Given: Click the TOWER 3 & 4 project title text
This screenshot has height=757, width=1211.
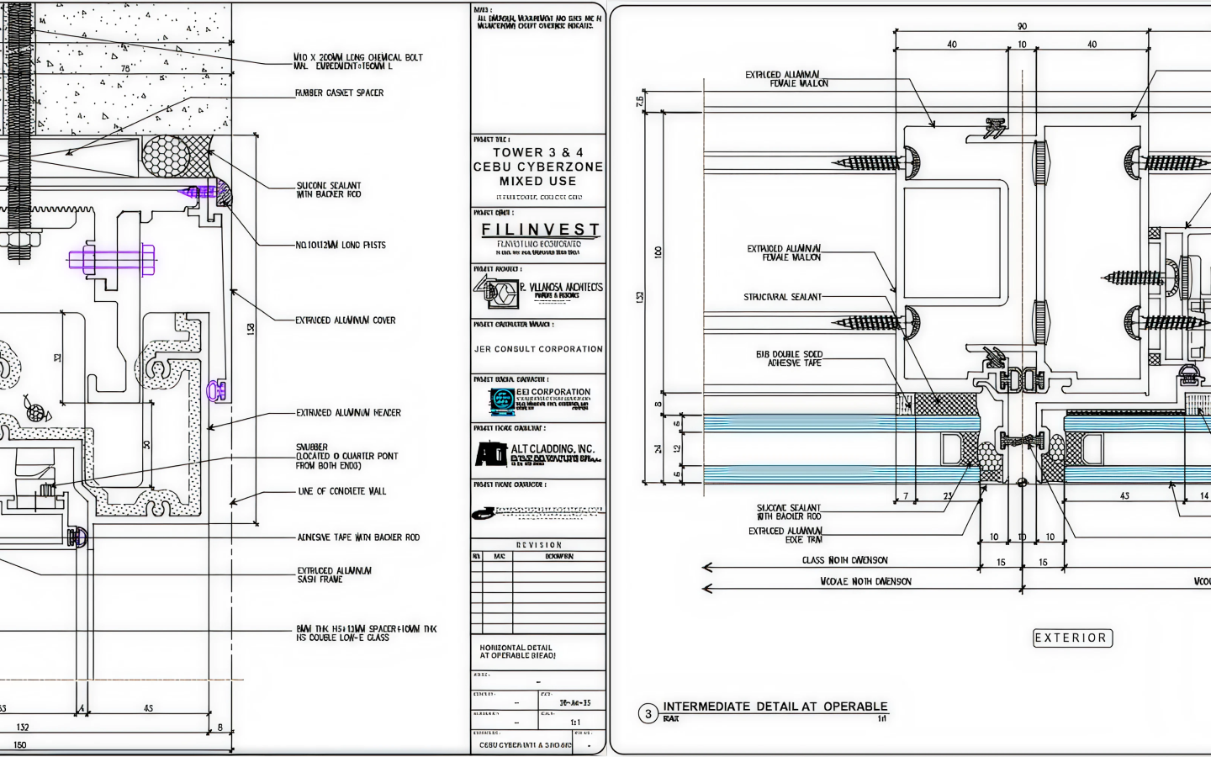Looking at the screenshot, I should pos(538,152).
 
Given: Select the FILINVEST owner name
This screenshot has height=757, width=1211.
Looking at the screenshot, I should pos(540,230).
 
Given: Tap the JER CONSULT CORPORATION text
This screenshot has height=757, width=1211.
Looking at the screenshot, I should pos(538,349).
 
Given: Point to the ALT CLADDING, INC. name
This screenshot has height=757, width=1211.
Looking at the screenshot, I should pos(552,449).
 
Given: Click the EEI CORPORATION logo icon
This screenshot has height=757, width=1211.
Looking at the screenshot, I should pos(502,400).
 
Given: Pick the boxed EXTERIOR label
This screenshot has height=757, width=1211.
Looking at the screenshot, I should pos(1071,638).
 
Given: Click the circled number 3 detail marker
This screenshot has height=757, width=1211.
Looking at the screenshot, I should pos(648,714).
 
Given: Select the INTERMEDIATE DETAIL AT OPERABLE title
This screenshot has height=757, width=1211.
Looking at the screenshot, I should pos(775,707).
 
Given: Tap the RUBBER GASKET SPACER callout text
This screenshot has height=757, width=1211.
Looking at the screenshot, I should pos(339,93).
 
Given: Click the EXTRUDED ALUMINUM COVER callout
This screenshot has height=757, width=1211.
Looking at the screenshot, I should pos(345,320).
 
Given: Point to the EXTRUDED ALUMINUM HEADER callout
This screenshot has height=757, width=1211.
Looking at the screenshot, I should pos(348,413).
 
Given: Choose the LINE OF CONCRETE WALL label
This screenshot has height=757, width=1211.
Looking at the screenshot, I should pos(342,491).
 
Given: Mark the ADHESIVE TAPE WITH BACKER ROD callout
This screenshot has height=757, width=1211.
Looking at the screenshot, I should pos(358,537).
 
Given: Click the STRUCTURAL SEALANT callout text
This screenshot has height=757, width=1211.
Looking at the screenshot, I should pos(782,297).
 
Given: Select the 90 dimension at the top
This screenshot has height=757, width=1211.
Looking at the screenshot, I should pos(1022,26).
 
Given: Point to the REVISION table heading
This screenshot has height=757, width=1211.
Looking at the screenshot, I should pos(538,545).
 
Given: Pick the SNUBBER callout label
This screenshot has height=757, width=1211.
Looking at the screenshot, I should pos(312,447).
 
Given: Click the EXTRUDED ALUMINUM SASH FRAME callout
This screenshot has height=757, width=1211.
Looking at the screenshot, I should pos(334,574).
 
